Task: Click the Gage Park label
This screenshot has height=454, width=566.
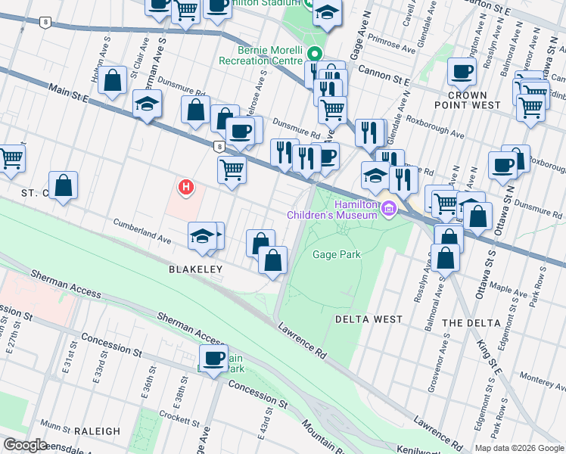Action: coord(337,255)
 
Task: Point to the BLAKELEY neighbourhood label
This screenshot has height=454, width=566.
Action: coord(194,269)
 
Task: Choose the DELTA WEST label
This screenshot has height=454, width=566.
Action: coord(369,319)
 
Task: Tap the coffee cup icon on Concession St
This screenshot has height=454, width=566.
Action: coord(214,358)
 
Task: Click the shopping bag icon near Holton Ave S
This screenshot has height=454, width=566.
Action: coord(113,80)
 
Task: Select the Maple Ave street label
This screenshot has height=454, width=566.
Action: coord(508,290)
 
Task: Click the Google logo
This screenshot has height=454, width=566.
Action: coord(24,445)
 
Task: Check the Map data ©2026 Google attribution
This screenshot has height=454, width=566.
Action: coord(518,448)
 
